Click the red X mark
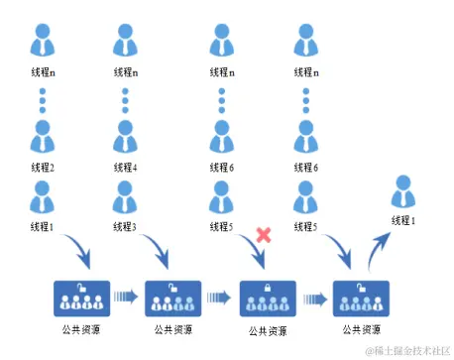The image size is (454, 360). (264, 235)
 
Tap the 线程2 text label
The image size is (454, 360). (42, 168)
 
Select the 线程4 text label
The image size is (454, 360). (125, 168)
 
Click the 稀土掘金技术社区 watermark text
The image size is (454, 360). (406, 349)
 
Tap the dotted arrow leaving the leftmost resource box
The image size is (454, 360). (123, 296)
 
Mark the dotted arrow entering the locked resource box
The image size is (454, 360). (219, 296)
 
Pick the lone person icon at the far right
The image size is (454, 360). (403, 192)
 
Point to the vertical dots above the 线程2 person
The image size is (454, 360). (42, 102)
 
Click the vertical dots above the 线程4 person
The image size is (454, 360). (125, 102)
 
